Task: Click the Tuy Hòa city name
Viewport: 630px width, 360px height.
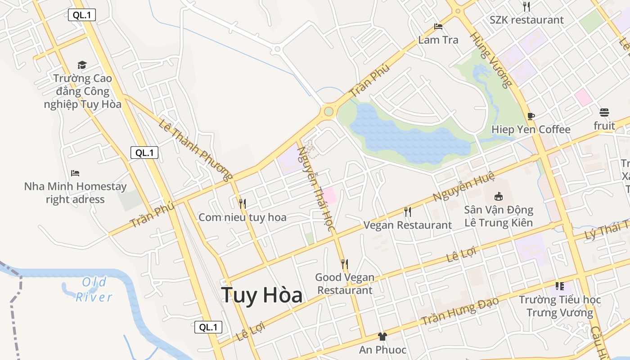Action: pos(262,295)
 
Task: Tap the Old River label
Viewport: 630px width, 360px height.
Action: pos(94,289)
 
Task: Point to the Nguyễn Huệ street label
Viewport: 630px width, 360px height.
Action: pos(463,186)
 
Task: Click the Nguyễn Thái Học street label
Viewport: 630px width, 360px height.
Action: pos(317,189)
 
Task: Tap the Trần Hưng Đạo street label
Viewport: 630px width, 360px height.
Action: pos(460,311)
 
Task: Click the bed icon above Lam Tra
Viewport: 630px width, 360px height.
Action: pos(438,27)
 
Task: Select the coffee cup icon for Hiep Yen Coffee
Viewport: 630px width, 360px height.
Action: pos(531,117)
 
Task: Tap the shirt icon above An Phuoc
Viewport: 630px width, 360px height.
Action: pos(382,336)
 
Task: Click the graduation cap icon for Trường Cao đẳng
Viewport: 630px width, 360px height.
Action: pos(82,65)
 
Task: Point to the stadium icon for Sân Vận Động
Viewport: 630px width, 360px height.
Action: pos(498,196)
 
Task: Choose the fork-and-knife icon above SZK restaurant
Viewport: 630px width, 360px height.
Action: pos(526,6)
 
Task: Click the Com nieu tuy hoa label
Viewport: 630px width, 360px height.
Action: pos(243,218)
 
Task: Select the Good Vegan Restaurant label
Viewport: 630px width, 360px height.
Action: pos(345,283)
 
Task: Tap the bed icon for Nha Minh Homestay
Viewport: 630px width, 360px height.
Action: pos(75,173)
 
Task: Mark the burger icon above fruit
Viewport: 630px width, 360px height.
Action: pos(604,112)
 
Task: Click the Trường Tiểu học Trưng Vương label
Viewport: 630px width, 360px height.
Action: pos(560,306)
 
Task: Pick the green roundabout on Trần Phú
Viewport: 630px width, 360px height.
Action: pos(328,111)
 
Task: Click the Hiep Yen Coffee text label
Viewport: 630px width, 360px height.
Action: pos(531,130)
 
